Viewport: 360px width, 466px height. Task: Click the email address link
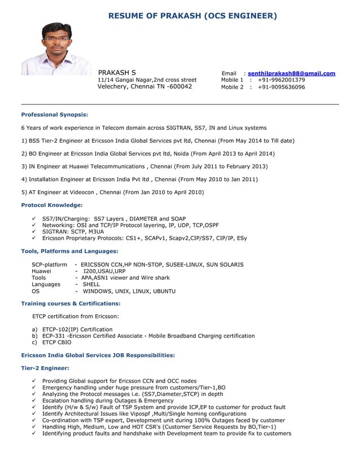coord(291,73)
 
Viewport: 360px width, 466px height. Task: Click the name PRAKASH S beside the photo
coord(117,73)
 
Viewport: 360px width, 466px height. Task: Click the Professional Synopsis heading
coord(55,115)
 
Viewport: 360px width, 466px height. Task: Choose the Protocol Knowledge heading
coord(52,205)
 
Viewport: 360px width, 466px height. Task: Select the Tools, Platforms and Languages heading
coord(69,250)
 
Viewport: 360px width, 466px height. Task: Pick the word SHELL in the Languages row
coord(91,284)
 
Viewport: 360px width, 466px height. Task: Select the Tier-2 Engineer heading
coord(45,368)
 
